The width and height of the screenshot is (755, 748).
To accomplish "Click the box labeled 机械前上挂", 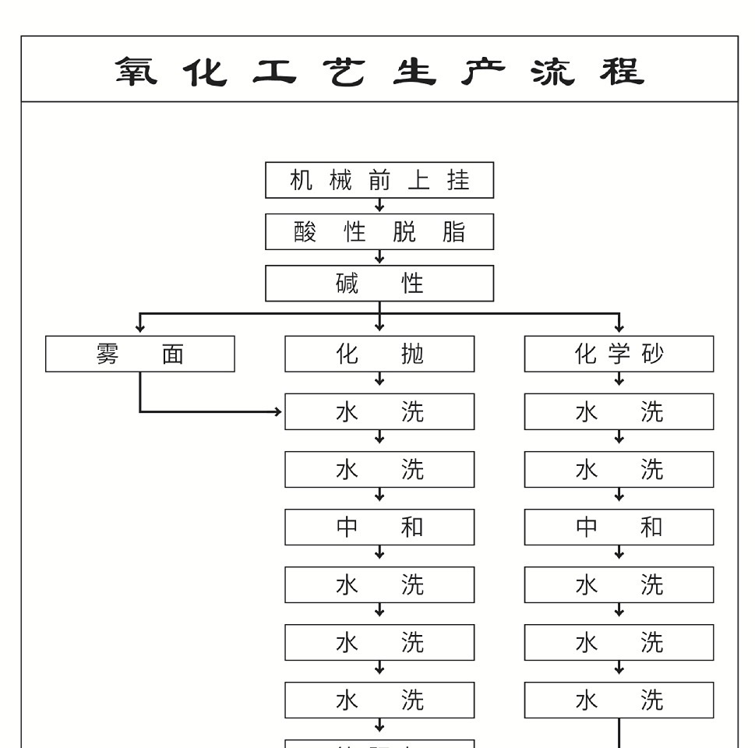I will tap(379, 180).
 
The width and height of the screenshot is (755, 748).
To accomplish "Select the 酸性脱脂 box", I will tap(379, 231).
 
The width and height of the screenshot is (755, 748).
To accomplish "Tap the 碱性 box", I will tap(379, 283).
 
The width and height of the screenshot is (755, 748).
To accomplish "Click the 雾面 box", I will tap(140, 354).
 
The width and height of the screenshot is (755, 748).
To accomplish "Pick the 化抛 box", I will tap(379, 354).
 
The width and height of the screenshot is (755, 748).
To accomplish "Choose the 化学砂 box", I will tap(619, 354).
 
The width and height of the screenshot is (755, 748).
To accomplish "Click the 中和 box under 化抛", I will tap(379, 527).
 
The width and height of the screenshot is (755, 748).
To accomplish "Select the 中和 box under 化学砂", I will tap(619, 527).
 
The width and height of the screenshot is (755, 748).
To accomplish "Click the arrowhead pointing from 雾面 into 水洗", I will tap(280, 411).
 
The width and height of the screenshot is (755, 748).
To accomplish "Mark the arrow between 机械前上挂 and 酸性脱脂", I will tap(379, 206).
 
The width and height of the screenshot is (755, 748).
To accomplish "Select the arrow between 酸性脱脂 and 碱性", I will tap(379, 257).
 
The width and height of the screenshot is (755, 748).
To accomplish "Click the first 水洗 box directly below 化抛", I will tap(379, 411).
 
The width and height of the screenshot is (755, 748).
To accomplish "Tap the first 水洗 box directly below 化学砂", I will tap(619, 411).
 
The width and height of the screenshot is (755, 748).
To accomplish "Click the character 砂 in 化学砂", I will tap(652, 354).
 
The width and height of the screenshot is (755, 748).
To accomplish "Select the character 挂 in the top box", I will tap(458, 180).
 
